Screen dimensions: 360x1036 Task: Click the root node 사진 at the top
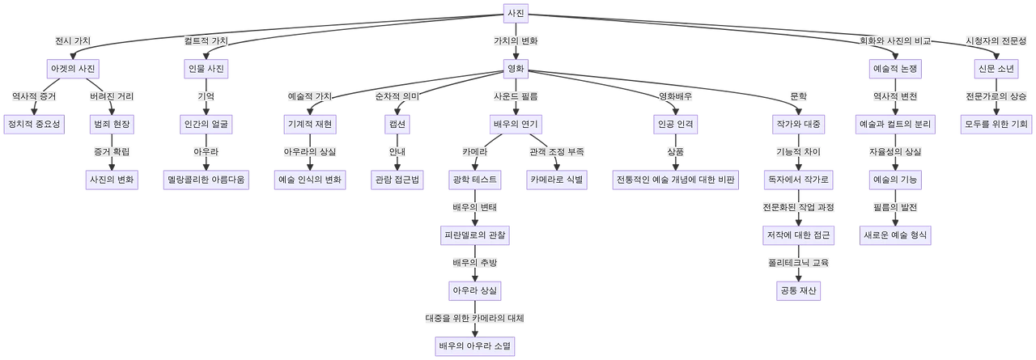(516, 13)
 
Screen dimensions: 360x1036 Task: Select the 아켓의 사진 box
(74, 69)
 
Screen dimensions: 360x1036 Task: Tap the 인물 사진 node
(206, 69)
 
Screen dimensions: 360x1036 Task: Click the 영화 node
(516, 69)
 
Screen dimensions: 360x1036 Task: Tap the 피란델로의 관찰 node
(476, 235)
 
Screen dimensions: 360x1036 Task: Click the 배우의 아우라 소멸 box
(476, 346)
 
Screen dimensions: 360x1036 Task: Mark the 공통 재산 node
(799, 290)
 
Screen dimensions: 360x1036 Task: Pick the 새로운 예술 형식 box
(894, 235)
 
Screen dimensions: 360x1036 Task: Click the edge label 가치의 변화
(516, 40)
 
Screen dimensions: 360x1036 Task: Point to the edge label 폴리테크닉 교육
(799, 263)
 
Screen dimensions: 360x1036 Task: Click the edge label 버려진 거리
(111, 96)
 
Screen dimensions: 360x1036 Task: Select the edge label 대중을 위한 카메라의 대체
(476, 318)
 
